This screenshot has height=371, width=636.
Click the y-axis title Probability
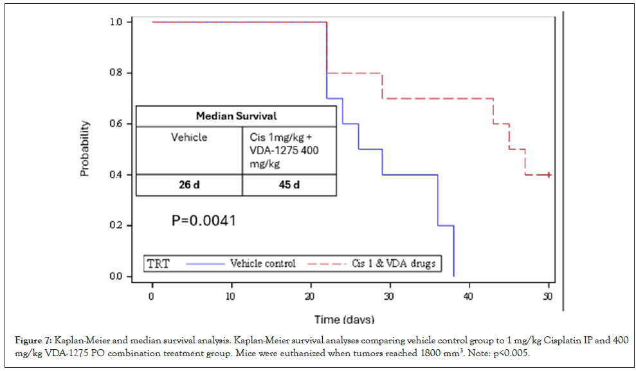click(x=85, y=149)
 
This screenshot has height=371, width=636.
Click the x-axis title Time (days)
click(x=344, y=320)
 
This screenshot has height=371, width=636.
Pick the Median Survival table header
click(x=236, y=116)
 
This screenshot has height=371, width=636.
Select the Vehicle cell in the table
click(x=189, y=137)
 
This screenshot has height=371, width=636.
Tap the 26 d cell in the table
click(x=189, y=185)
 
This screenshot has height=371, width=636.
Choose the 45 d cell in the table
click(x=288, y=185)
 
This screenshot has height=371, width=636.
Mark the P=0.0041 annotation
click(x=203, y=221)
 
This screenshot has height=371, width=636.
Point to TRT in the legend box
click(x=158, y=264)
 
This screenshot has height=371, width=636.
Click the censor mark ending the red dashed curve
click(x=549, y=175)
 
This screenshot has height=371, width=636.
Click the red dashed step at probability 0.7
click(x=437, y=98)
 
